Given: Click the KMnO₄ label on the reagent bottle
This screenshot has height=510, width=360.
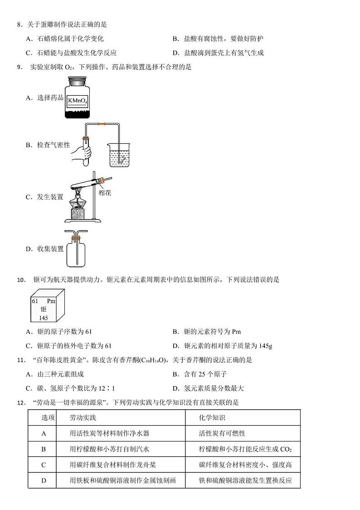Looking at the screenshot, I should pos(77,100).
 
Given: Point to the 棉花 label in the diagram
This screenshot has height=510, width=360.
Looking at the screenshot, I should pos(105,193).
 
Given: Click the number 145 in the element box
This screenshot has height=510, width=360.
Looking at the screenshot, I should pos(43,318).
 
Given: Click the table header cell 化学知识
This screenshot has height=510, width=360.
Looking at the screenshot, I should pos(212,417).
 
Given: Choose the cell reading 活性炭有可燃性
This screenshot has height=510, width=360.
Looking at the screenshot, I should pos(222,433).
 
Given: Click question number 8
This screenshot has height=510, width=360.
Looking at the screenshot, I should pos(19,25).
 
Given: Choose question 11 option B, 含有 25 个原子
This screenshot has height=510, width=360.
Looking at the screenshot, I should pos(199,374).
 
